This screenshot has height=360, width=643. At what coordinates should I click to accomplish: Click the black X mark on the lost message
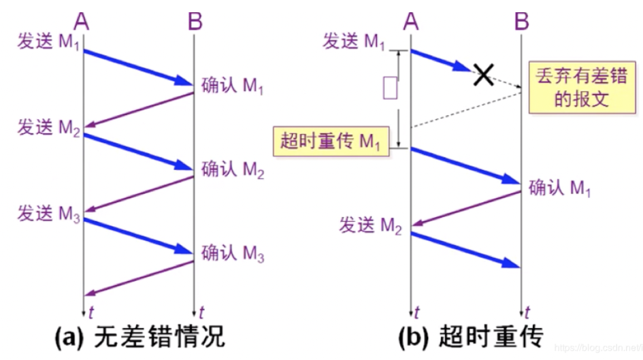point(484,75)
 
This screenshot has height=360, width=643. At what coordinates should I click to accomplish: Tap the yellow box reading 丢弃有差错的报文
point(582,87)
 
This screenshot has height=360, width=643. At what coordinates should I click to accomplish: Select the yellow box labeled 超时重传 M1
point(331,141)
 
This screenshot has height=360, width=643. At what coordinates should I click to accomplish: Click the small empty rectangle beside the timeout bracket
point(390,88)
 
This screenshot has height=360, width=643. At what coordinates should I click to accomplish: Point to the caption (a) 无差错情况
point(140,337)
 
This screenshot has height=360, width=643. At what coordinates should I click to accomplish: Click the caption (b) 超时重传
point(471,337)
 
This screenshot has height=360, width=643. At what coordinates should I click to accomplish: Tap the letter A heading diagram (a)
point(81,21)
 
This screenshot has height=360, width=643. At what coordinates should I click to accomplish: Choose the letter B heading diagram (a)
point(195,21)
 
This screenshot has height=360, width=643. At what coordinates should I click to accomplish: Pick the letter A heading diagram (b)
point(411,21)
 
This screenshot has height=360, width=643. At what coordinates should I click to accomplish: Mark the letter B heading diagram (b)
point(522,21)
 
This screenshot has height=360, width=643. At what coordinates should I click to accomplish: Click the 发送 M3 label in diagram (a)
point(48,214)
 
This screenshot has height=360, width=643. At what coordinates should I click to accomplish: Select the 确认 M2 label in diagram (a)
point(233,169)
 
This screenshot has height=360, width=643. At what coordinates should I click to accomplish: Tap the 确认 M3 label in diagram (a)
point(233,253)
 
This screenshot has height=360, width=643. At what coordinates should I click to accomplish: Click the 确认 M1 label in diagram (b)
point(560,189)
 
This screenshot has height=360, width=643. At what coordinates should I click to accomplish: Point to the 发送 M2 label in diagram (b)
point(370,225)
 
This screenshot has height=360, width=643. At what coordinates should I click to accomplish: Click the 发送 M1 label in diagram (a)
point(48,42)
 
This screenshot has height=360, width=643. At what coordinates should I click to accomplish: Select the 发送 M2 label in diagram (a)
point(48,127)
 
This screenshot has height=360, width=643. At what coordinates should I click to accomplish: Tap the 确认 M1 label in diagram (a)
point(233,86)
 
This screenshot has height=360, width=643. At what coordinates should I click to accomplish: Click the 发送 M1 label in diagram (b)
point(354,42)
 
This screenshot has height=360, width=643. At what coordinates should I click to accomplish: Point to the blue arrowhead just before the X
point(462,67)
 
